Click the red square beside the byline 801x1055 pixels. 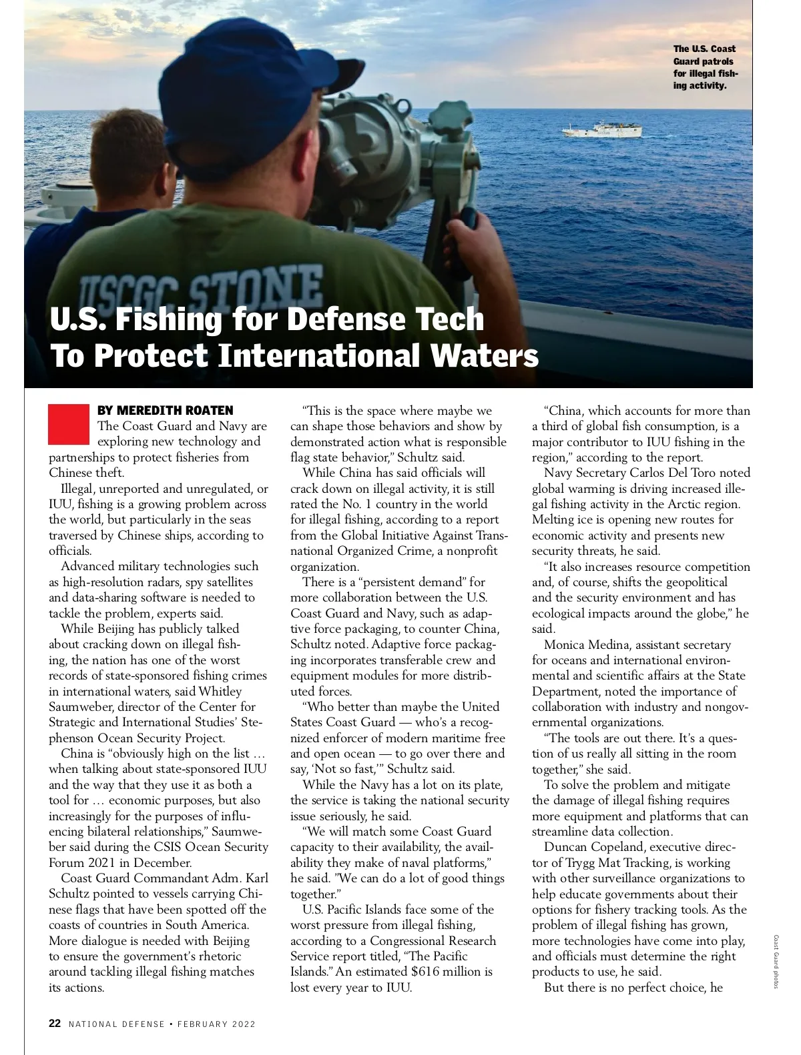[68, 424]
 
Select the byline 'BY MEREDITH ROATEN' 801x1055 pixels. [166, 410]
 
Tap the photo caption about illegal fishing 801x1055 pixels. [705, 67]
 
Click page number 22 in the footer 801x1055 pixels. [55, 1024]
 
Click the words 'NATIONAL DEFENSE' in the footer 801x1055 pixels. [117, 1024]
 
